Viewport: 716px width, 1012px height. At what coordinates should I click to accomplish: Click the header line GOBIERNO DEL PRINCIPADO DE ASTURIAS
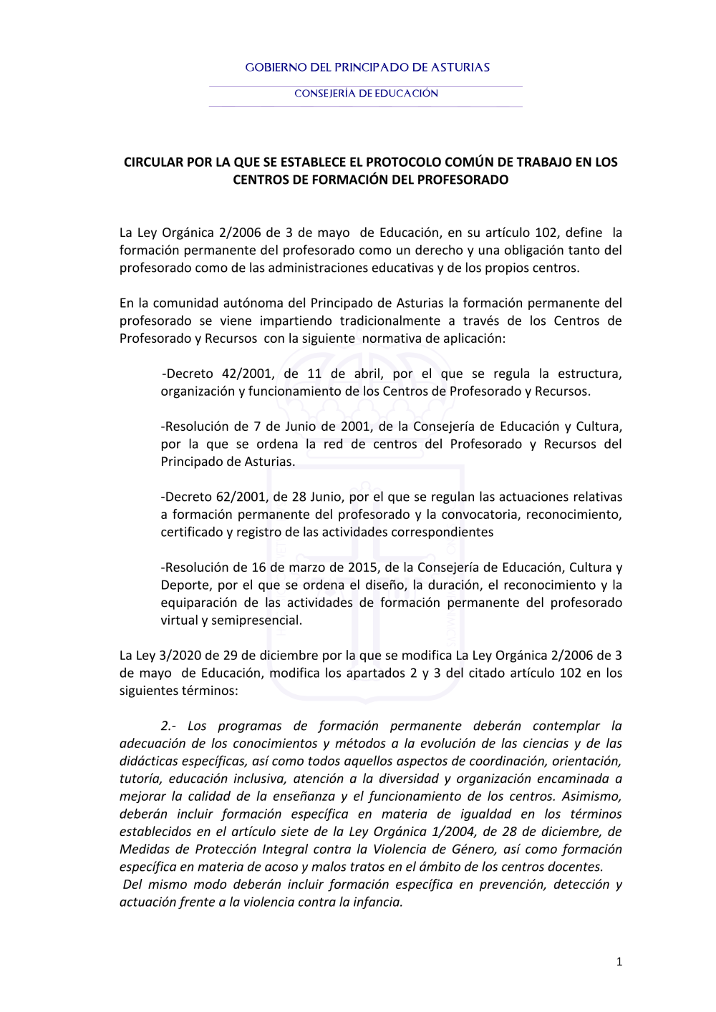[367, 67]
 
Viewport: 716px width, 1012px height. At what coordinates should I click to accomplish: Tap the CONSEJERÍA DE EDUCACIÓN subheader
[366, 93]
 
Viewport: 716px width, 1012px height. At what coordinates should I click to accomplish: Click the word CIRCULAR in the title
[153, 162]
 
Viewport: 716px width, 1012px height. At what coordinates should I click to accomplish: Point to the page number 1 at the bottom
[619, 962]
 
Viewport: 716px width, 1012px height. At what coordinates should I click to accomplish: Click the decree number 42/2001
[247, 374]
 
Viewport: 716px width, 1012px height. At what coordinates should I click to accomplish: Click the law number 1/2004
[453, 832]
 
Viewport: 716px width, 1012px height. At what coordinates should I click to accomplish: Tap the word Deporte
[185, 585]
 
